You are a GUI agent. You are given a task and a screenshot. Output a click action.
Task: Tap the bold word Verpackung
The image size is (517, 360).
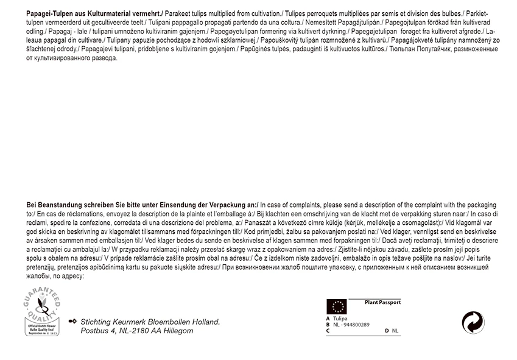220,205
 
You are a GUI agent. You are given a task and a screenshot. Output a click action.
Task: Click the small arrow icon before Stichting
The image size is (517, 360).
73,321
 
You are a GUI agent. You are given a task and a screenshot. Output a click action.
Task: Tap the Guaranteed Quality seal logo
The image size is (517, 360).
42,312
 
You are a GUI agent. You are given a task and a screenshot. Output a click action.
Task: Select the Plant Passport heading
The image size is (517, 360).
382,302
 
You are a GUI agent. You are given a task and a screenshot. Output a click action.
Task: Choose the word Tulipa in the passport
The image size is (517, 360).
340,318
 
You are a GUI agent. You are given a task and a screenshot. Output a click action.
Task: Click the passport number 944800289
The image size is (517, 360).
355,325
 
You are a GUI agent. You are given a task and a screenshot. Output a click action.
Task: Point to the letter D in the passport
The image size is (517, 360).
387,331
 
